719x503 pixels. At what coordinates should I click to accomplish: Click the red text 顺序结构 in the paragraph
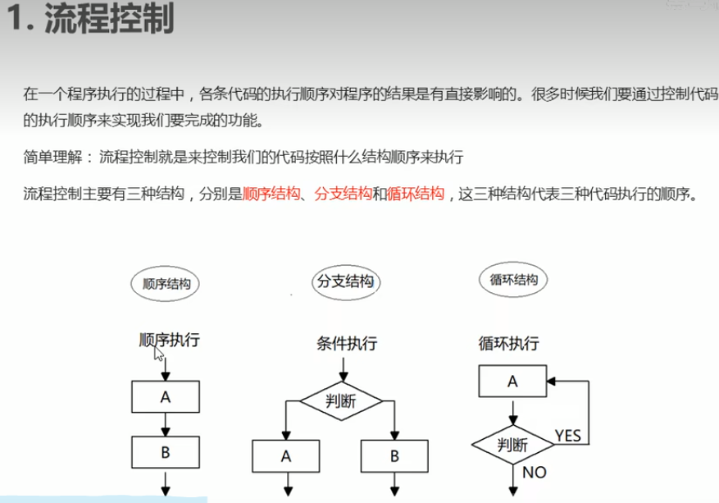(268, 194)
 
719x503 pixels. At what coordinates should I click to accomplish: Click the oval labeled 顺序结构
(166, 284)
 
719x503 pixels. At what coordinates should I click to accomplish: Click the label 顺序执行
(168, 340)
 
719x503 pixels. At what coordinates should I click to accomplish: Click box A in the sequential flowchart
(166, 397)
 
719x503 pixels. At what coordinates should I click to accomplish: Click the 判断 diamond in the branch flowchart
(340, 401)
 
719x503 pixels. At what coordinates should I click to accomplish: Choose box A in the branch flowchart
(285, 455)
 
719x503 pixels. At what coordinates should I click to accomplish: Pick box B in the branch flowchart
(394, 455)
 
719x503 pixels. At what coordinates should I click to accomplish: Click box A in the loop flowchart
(513, 381)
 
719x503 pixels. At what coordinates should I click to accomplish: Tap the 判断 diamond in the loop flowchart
(512, 445)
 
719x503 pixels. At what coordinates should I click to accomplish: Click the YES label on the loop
(567, 434)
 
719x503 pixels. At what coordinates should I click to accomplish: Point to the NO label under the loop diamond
(534, 473)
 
